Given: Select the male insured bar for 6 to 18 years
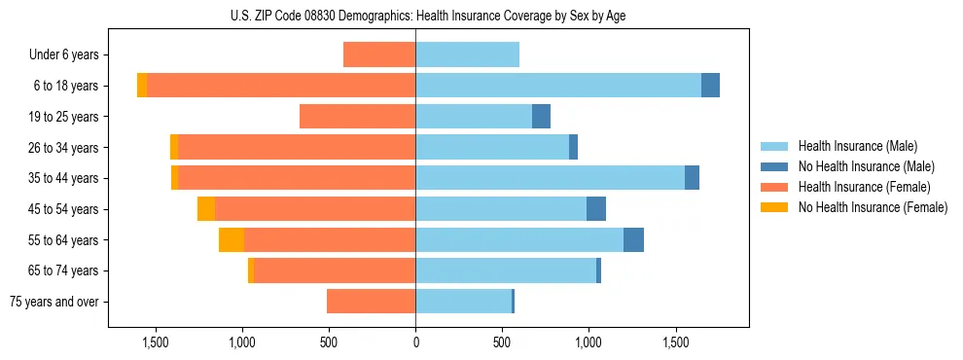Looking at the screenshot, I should pos(558,86).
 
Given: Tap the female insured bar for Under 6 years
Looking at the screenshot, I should pos(379,54).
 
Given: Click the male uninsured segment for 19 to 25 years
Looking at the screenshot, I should pos(541,117).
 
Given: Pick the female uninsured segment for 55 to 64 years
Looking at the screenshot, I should pos(232,240).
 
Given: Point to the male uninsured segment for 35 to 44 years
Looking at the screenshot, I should pos(692,178).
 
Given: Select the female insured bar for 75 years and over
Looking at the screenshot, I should pos(372,302).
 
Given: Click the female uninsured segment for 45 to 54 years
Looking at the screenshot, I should pos(206,209).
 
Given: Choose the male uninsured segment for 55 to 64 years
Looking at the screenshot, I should pos(633,240).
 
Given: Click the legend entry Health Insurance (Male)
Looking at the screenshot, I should pos(857,146).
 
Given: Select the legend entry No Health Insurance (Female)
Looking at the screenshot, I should pos(873,207).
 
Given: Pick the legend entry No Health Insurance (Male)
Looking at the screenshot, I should pos(866,166).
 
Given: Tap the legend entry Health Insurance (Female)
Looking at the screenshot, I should pos(864,187).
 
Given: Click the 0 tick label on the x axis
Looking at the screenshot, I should pos(415,342).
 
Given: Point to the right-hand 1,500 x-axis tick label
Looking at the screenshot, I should pos(675,342).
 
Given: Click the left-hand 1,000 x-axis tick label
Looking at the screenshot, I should pos(241,342).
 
